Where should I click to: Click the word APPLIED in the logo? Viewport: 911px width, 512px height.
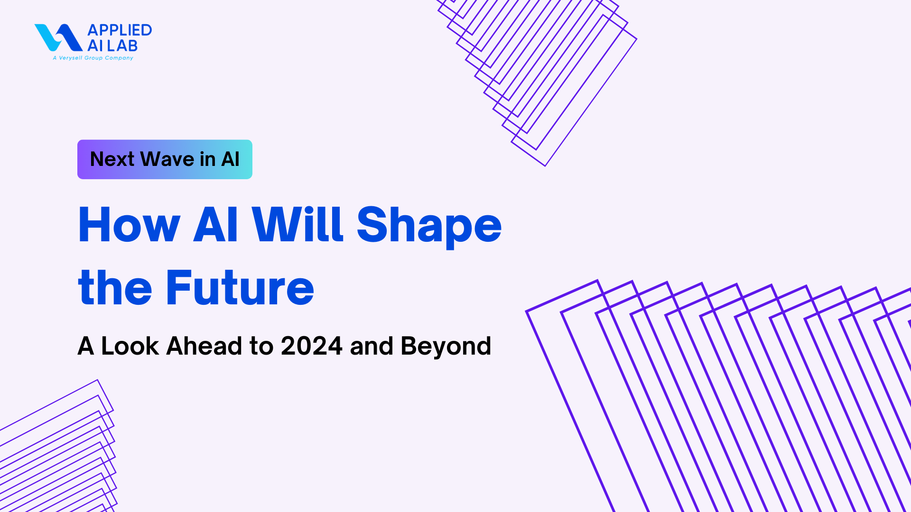pos(120,30)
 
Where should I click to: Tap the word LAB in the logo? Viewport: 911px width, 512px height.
pos(122,46)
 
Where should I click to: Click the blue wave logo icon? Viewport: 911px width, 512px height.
pos(58,37)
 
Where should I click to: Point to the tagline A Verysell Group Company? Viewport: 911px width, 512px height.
pos(93,58)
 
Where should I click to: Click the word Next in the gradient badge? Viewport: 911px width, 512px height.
pos(112,159)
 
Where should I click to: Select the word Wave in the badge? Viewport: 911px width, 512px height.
pos(167,159)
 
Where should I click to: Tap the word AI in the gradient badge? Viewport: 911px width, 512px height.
pos(231,159)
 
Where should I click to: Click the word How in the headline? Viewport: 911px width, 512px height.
pos(130,225)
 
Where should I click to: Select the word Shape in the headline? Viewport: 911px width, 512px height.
pos(429,227)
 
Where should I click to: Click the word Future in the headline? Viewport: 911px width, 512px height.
pos(240,288)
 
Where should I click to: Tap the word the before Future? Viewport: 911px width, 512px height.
pos(115,287)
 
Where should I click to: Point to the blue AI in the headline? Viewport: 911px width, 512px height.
pos(215,225)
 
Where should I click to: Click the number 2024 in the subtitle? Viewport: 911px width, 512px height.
pos(312,346)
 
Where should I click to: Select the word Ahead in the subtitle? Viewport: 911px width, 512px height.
pos(205,346)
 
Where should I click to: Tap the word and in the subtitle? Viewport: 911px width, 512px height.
pos(372,346)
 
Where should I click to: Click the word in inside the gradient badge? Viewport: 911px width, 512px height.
pos(208,159)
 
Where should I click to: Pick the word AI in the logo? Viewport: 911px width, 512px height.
pos(95,46)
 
